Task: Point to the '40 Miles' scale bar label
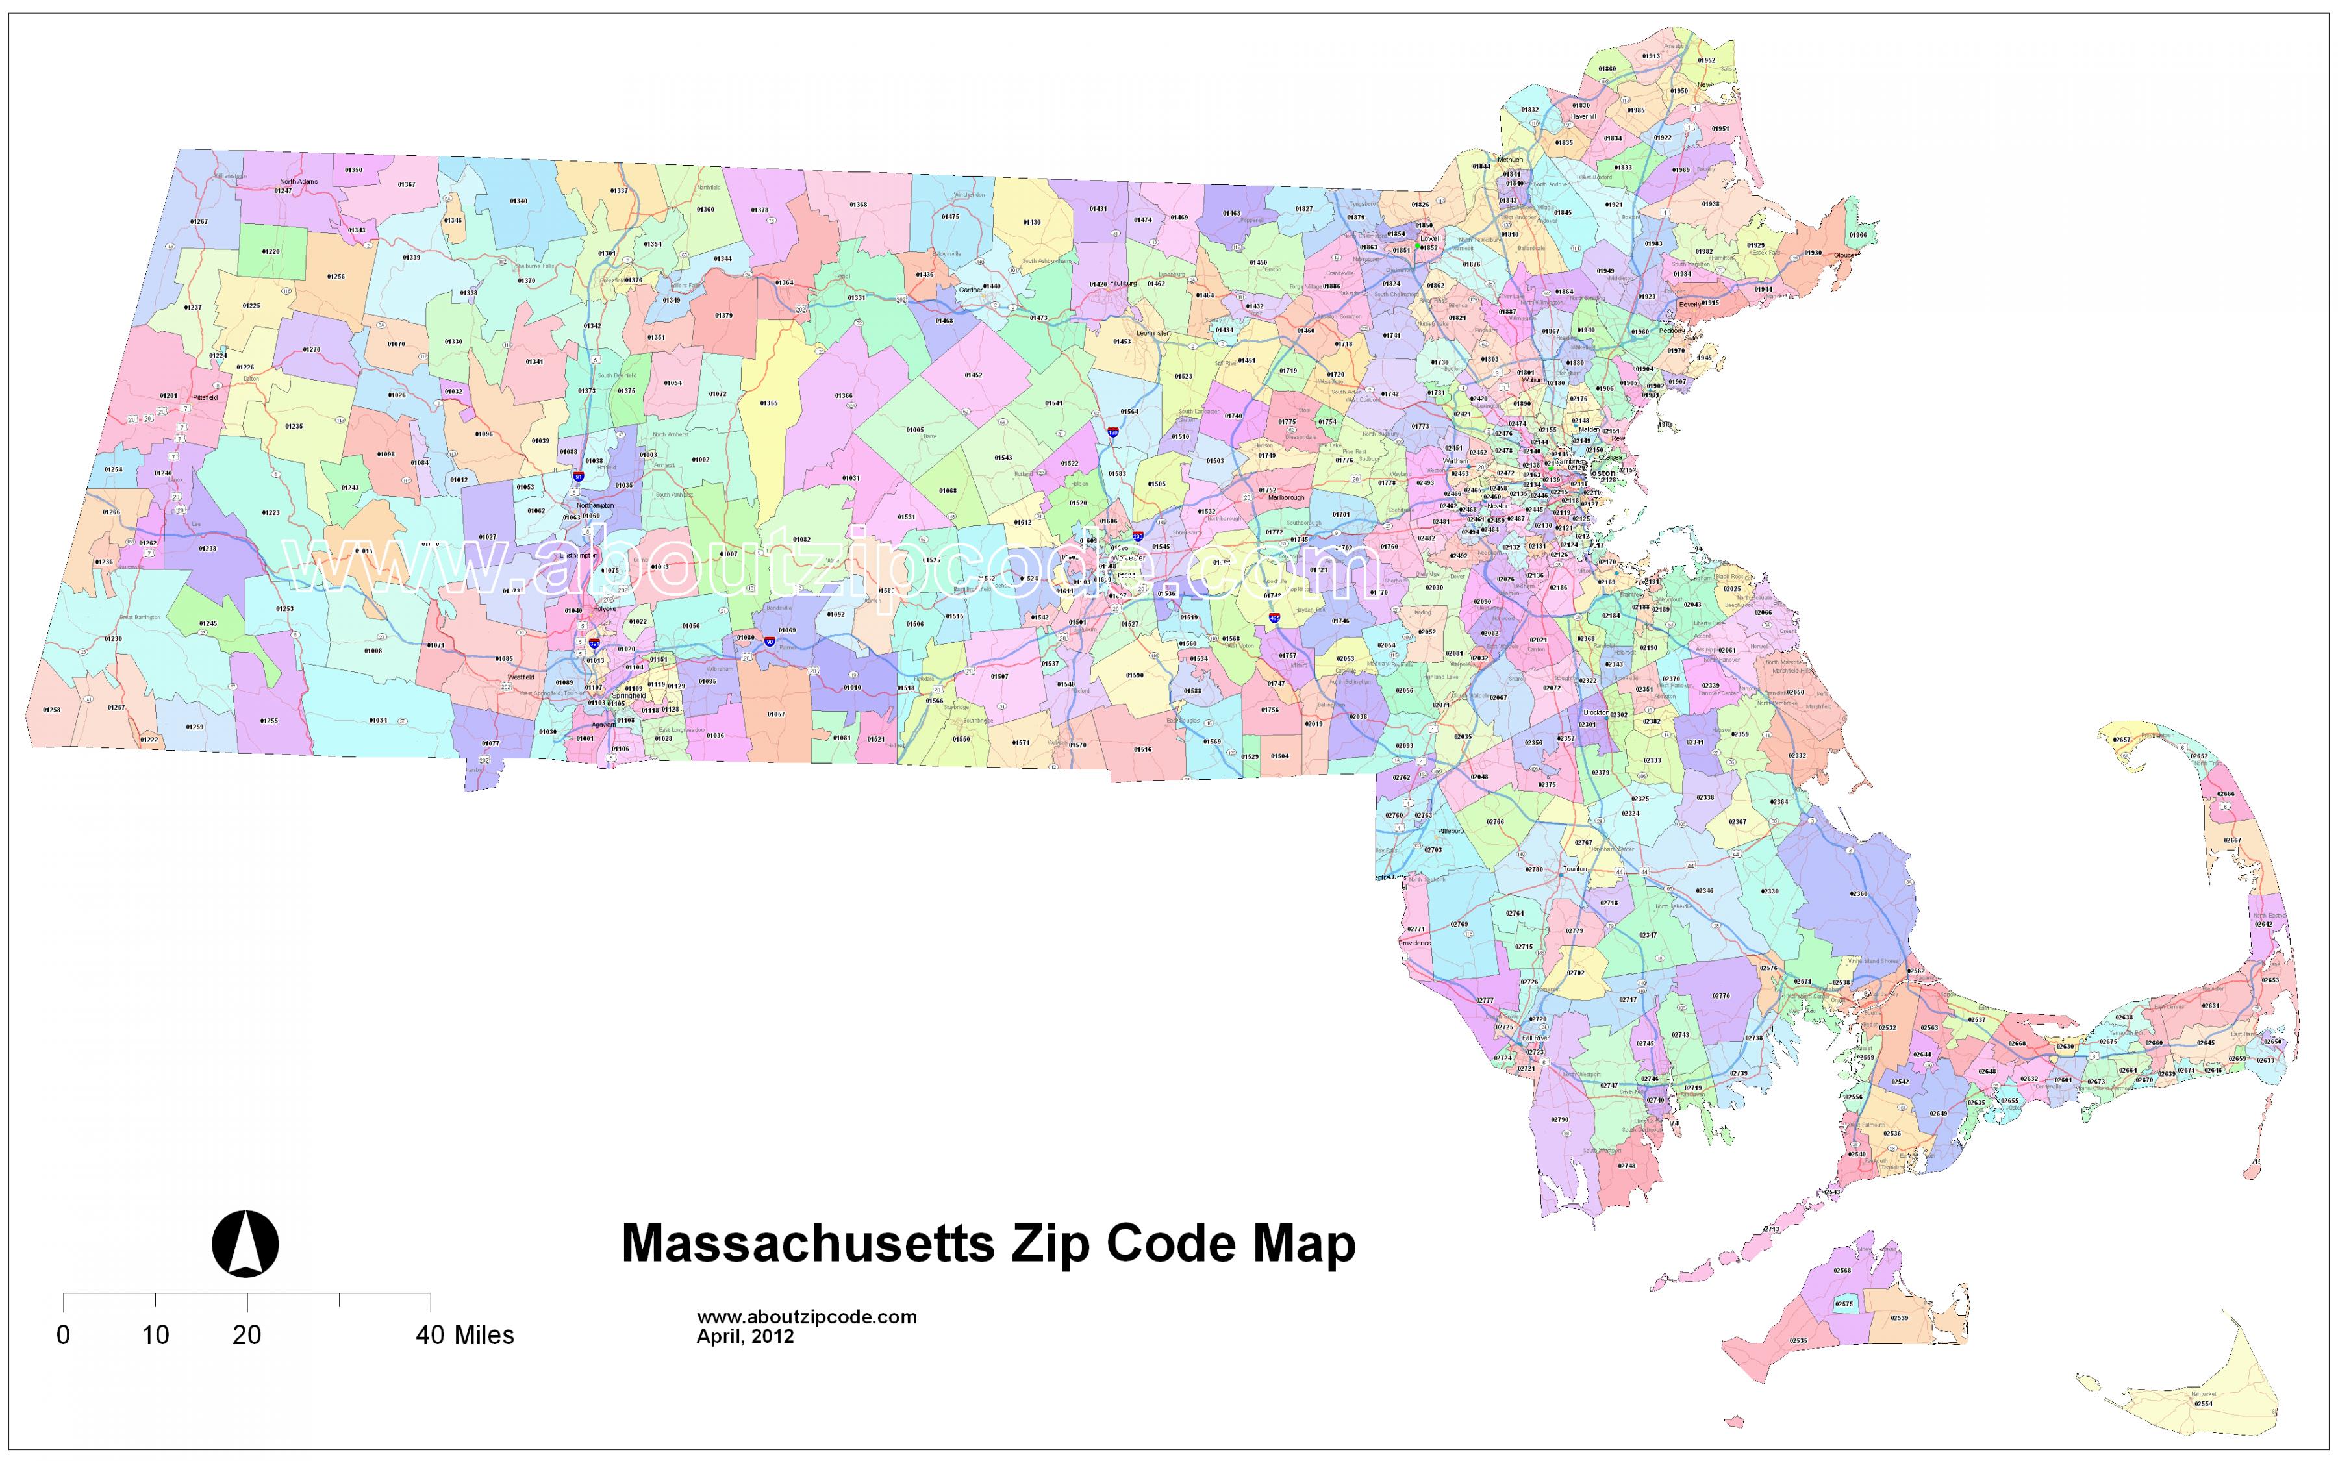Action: click(x=465, y=1336)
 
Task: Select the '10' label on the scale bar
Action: click(x=156, y=1336)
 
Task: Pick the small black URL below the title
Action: click(x=807, y=1317)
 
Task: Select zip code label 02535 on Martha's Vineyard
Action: click(x=1798, y=1340)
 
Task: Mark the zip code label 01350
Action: click(x=353, y=170)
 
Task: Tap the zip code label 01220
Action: click(x=271, y=251)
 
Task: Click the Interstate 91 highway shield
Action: click(x=578, y=477)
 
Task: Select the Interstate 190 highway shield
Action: click(x=1113, y=434)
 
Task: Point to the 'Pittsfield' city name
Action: click(x=205, y=397)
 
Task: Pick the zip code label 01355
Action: click(x=768, y=403)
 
